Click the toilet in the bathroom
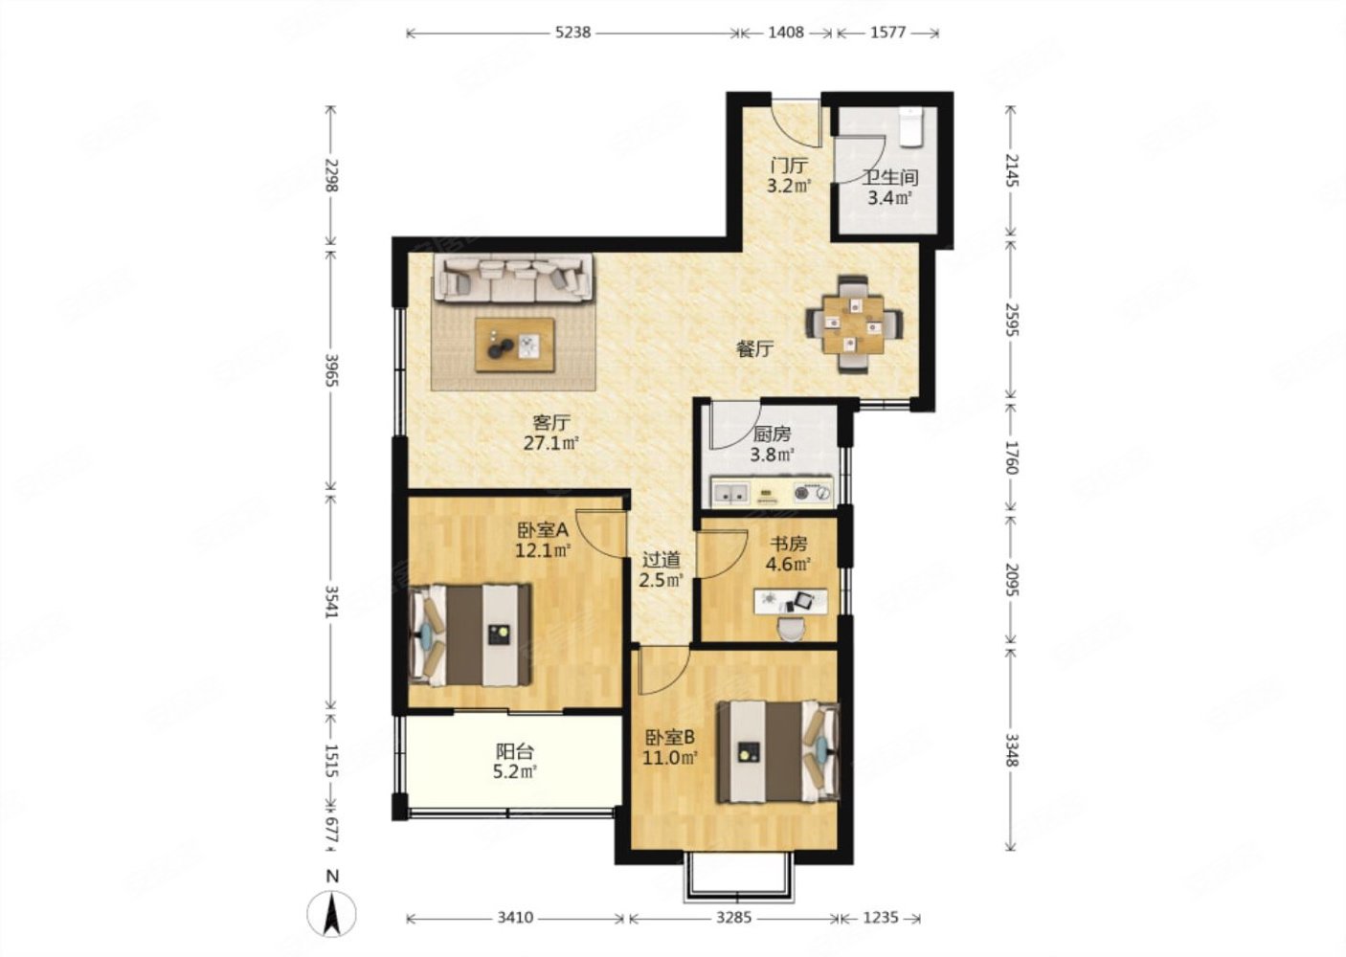click(911, 127)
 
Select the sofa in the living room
click(514, 278)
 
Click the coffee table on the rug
click(514, 345)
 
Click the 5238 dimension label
click(572, 33)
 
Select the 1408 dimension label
click(785, 33)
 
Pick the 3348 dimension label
click(1012, 750)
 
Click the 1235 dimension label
click(881, 918)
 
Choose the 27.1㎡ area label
click(551, 443)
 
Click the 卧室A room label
click(543, 530)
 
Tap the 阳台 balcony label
click(515, 751)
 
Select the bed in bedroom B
click(778, 751)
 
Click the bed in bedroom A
click(470, 635)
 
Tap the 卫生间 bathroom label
click(890, 178)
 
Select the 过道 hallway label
click(661, 560)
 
